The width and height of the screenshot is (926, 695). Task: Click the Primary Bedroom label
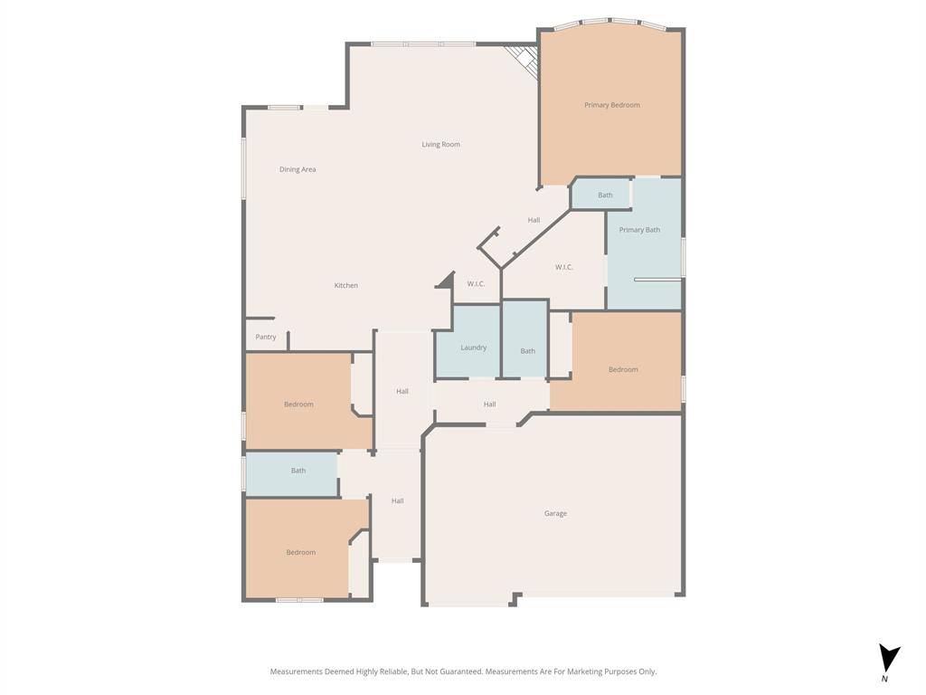click(x=612, y=105)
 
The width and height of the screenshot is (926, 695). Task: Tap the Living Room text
click(x=440, y=144)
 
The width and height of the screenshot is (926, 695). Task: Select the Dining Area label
click(x=298, y=169)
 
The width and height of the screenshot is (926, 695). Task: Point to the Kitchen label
click(x=346, y=285)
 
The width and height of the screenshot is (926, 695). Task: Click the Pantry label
click(x=266, y=337)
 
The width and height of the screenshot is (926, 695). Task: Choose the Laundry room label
click(x=474, y=347)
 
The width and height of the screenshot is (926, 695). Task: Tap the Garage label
click(x=555, y=514)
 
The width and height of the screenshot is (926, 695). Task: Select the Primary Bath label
click(x=639, y=230)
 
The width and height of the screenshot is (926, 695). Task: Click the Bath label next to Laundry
click(x=528, y=351)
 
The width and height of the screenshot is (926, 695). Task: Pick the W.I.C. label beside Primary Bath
click(x=564, y=267)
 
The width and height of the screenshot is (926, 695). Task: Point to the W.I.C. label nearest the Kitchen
click(x=476, y=284)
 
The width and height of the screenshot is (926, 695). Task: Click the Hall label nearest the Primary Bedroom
click(x=534, y=221)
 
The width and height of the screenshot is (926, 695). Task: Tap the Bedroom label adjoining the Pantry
click(x=298, y=405)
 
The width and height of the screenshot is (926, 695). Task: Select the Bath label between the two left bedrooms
click(x=298, y=471)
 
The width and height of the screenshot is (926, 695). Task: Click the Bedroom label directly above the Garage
click(x=623, y=370)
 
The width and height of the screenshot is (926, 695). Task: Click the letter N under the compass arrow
click(x=884, y=679)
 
